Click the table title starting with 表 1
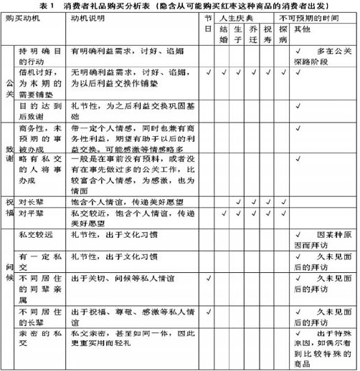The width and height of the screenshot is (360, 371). (180, 6)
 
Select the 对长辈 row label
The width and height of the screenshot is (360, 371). (32, 202)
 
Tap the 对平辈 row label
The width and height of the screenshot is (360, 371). (32, 213)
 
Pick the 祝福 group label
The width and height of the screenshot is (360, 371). (9, 208)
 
